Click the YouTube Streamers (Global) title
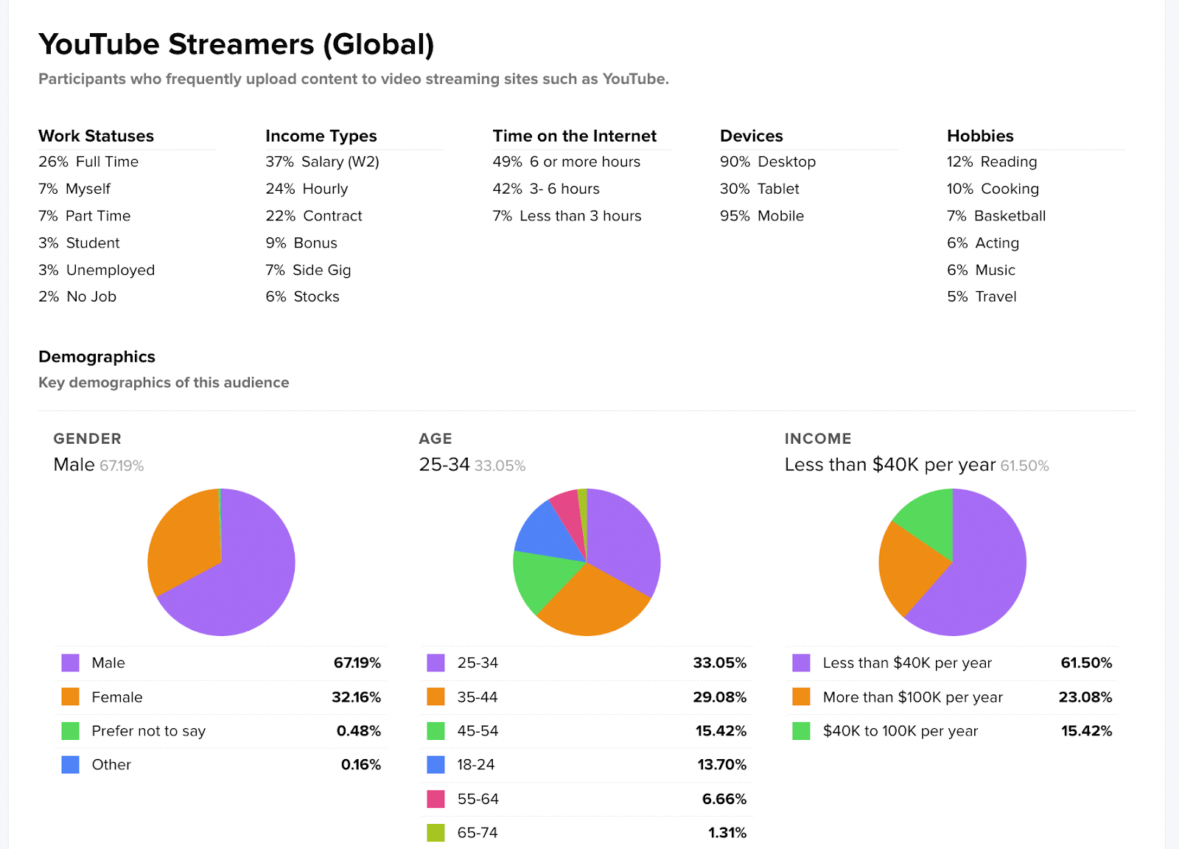click(x=236, y=45)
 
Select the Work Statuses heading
click(x=96, y=136)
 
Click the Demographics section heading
click(x=97, y=357)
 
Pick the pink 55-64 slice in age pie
click(x=567, y=505)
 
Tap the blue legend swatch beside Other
click(x=71, y=765)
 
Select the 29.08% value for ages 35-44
click(x=719, y=697)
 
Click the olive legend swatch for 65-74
click(x=436, y=833)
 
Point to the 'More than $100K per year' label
click(x=912, y=697)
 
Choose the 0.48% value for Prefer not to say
click(x=359, y=731)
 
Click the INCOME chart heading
click(x=817, y=439)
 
